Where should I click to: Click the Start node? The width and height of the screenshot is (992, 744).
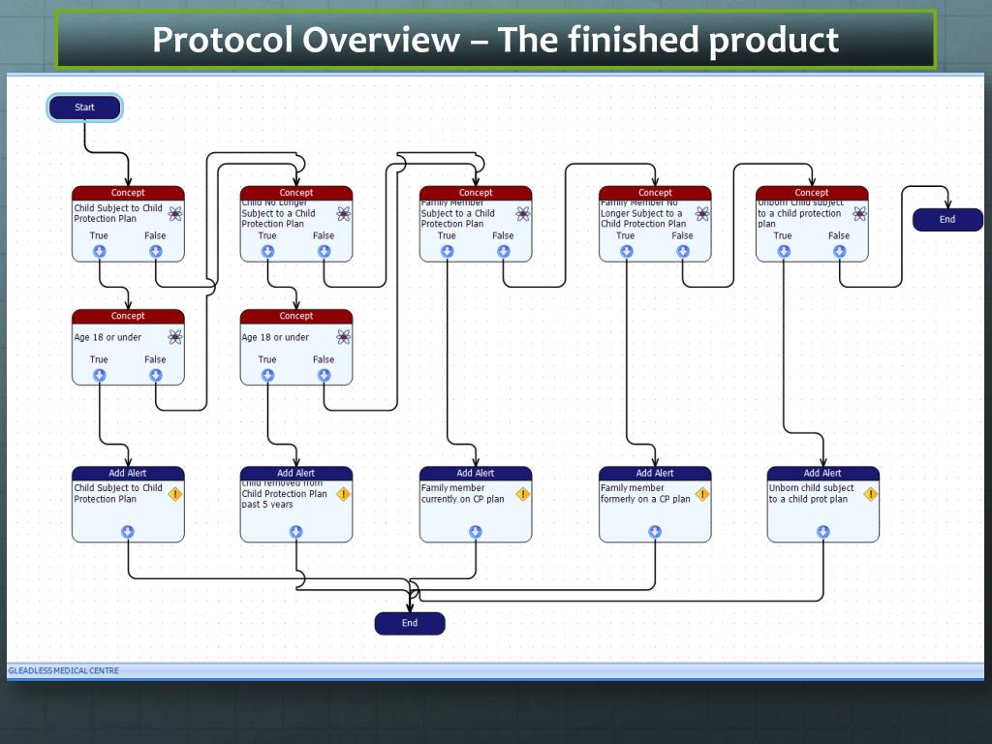point(84,108)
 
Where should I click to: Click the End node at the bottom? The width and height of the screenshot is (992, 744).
point(410,623)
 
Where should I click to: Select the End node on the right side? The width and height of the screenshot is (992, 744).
point(946,220)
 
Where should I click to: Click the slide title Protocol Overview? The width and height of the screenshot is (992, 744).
point(495,41)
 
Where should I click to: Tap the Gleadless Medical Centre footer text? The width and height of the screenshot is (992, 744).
point(64,670)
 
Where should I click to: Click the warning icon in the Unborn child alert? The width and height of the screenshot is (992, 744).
point(870,494)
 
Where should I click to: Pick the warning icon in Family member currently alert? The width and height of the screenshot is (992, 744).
point(522,494)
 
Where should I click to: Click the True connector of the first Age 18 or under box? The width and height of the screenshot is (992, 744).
point(100,375)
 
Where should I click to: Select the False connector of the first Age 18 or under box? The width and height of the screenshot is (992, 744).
point(156,375)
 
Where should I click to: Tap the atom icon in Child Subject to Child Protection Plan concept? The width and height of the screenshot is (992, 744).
point(174,213)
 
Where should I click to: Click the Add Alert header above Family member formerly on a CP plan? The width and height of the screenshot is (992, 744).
point(655,473)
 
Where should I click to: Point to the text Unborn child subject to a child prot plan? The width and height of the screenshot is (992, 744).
point(811,494)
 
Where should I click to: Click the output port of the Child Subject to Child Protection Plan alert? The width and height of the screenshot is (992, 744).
point(128,532)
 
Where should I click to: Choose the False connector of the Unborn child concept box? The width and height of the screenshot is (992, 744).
point(839,251)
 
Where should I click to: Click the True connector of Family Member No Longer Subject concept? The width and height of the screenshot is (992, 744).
point(627,251)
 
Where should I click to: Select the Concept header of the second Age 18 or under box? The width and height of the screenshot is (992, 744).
point(296,316)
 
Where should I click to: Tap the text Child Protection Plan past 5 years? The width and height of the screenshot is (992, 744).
point(284,498)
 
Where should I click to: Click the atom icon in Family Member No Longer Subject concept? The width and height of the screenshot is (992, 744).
point(702,213)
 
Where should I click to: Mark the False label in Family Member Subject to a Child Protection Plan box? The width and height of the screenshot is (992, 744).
point(503,235)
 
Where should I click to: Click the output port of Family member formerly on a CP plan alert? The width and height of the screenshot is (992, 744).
point(655,532)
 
